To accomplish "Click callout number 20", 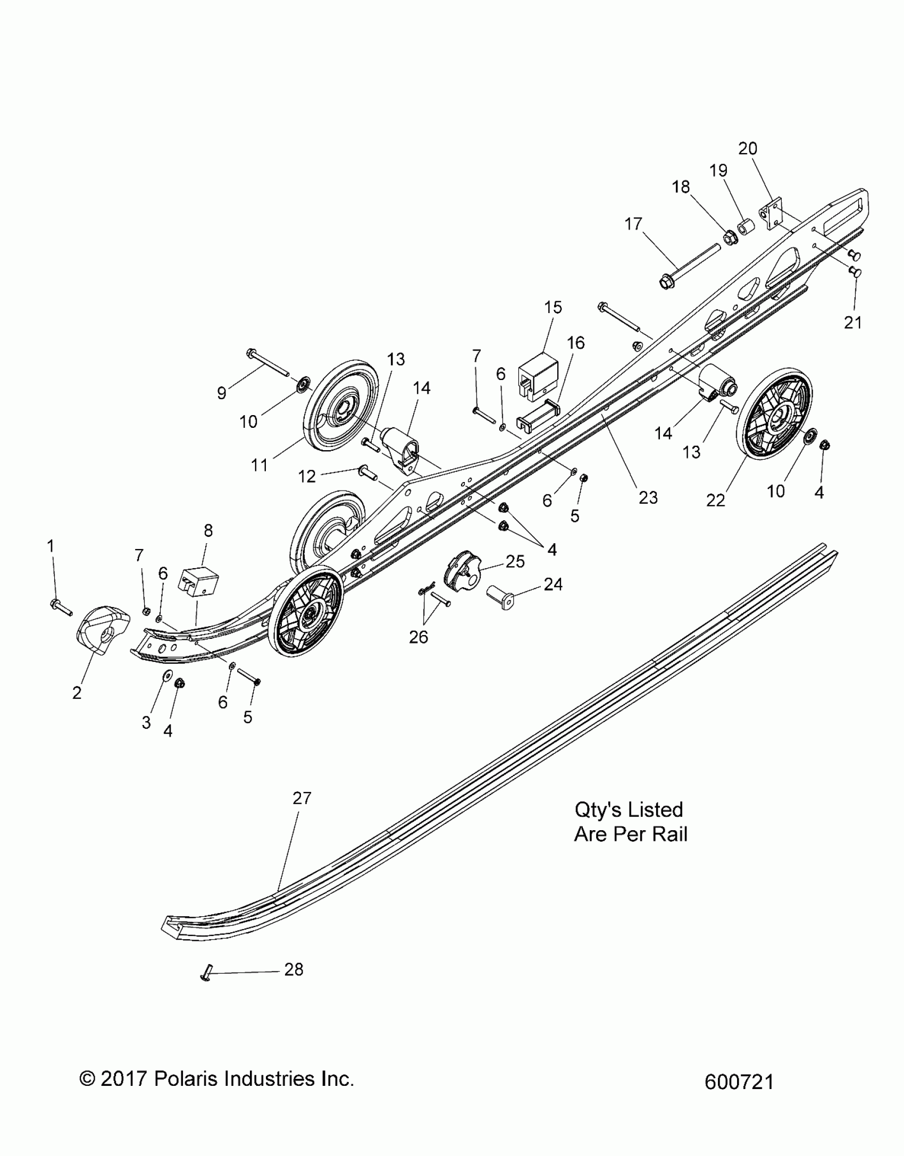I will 748,148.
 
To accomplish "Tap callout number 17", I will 633,224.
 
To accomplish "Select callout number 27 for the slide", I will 302,813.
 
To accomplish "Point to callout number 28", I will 294,970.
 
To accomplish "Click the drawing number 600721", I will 739,1082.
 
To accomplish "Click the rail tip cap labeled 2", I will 104,627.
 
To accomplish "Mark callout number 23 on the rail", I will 648,497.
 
